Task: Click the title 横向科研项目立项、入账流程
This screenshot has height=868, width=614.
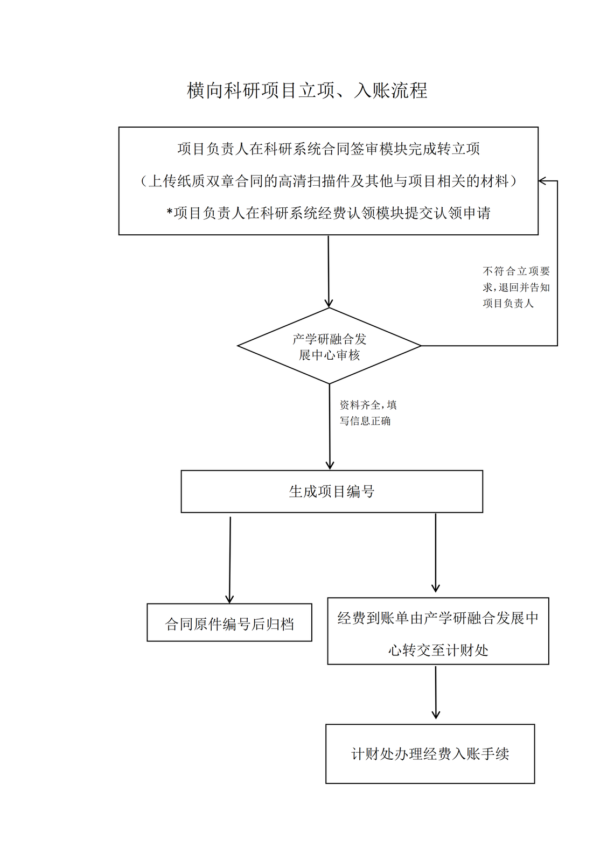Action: click(x=307, y=90)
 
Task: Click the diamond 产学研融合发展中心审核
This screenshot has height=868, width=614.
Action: click(x=329, y=346)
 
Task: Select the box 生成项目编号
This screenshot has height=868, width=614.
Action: click(x=332, y=491)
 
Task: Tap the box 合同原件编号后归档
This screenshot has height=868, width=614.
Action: click(x=229, y=623)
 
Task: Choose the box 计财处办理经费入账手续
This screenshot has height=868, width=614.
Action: click(x=430, y=753)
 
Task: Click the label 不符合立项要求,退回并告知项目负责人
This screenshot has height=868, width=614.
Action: click(x=516, y=287)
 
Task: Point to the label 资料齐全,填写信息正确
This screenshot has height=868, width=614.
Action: click(x=367, y=412)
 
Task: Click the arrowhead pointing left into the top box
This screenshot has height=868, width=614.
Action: click(x=543, y=181)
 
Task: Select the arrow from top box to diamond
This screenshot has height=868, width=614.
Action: click(x=329, y=272)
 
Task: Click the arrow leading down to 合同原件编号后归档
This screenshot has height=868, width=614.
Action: click(x=230, y=560)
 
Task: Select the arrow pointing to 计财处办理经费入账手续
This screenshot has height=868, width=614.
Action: click(x=436, y=692)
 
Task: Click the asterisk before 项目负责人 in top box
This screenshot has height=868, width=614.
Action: click(x=170, y=213)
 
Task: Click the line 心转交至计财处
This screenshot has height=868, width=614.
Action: click(x=438, y=650)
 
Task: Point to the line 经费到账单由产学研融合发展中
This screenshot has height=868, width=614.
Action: click(x=438, y=618)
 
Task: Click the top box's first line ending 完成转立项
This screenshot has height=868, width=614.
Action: click(x=329, y=149)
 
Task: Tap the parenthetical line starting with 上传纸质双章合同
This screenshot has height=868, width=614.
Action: click(x=329, y=181)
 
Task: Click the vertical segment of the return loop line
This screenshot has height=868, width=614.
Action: click(x=557, y=264)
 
